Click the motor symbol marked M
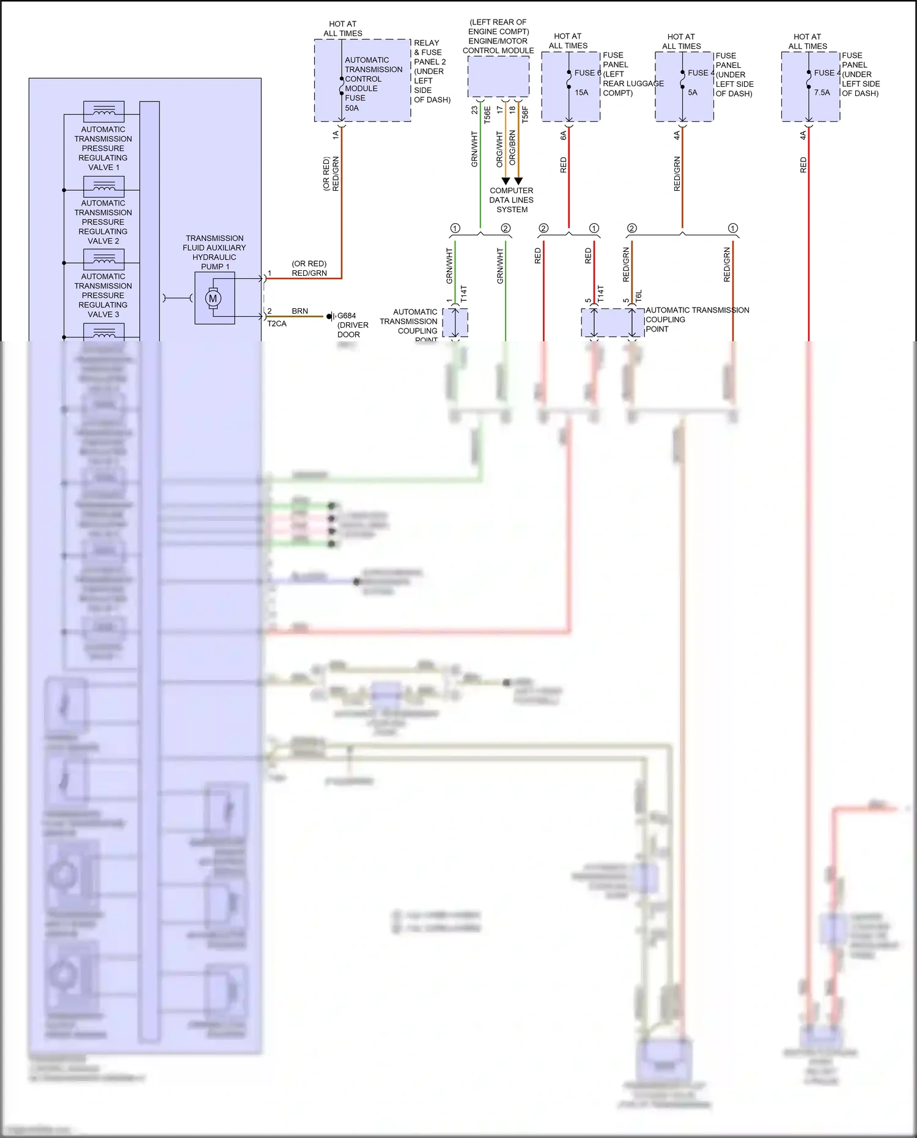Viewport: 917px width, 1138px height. click(x=213, y=298)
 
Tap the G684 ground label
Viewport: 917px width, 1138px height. click(x=347, y=316)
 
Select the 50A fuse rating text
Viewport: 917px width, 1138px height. click(x=352, y=108)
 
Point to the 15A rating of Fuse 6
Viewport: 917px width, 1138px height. click(x=581, y=93)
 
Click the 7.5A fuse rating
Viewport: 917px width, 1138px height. click(x=822, y=93)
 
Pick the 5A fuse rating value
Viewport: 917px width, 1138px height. click(x=693, y=93)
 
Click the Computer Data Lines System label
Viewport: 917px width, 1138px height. click(x=512, y=200)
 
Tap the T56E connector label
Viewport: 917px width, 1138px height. click(x=487, y=114)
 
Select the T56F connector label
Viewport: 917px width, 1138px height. click(x=525, y=114)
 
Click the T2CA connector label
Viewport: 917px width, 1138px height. click(x=277, y=323)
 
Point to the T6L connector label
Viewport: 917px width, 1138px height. click(x=639, y=297)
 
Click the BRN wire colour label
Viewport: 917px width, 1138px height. click(x=300, y=311)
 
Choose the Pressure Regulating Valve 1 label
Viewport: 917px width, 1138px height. click(x=103, y=148)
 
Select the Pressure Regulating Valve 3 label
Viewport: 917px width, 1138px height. click(x=103, y=295)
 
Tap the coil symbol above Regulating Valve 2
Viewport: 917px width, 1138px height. click(x=104, y=185)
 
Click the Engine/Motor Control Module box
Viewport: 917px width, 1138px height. click(x=498, y=76)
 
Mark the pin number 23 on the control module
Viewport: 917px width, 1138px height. click(x=474, y=110)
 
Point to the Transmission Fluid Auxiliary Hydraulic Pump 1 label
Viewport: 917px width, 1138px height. click(x=215, y=253)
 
